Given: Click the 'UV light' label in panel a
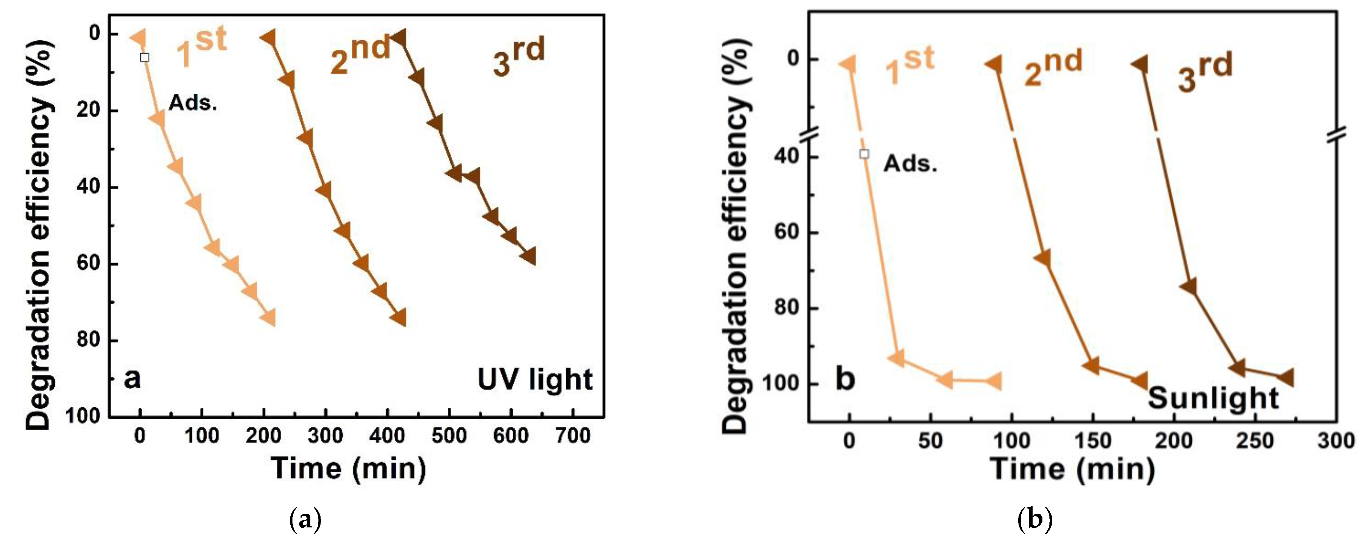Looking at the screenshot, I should tap(534, 380).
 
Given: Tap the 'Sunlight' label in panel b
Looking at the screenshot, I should tap(1213, 398).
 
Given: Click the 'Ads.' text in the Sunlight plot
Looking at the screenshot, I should tap(910, 163).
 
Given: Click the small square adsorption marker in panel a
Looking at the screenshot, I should tap(144, 58).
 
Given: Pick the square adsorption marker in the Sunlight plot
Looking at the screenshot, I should tap(864, 154).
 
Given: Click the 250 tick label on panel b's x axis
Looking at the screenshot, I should tap(1254, 441).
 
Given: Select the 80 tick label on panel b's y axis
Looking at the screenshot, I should tap(787, 308).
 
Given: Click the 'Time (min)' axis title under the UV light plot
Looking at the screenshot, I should tap(348, 469).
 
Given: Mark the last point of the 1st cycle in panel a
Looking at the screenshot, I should tap(269, 318).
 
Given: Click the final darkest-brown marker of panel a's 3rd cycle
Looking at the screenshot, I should tap(529, 256).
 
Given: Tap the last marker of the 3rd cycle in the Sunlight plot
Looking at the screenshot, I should tap(1286, 378).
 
